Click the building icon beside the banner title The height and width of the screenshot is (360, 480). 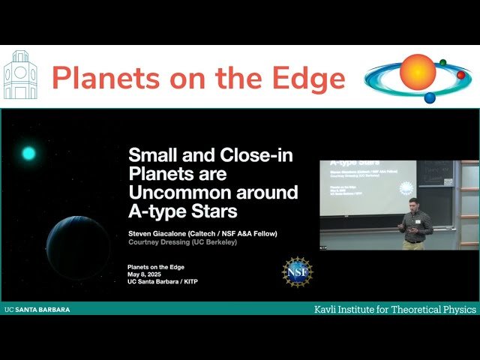19,76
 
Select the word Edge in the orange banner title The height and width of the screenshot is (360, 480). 309,78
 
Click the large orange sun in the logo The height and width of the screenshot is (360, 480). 417,72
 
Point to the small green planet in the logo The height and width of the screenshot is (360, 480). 443,63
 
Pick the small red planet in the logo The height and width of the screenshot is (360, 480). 460,75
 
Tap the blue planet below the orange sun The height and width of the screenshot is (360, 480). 430,97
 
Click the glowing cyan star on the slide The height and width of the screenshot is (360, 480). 28,154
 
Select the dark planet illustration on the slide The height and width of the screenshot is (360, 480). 78,247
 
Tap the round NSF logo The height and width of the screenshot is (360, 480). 298,271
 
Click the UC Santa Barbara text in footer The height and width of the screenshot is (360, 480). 37,309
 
